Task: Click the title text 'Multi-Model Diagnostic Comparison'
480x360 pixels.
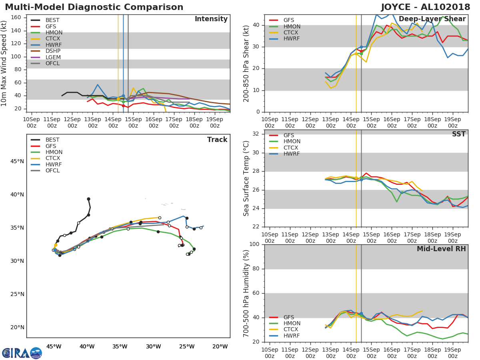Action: point(94,7)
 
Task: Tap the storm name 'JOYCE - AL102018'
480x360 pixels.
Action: point(426,7)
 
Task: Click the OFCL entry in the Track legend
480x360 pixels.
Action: point(52,171)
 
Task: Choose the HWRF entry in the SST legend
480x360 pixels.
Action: point(291,154)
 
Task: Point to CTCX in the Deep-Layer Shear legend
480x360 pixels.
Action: point(291,33)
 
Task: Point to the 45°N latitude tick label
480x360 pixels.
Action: point(17,162)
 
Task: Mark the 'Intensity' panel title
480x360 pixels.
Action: point(211,19)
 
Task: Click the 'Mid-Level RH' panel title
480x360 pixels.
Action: point(441,249)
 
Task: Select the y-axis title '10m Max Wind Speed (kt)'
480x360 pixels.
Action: point(4,63)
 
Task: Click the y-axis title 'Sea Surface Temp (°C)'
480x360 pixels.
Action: point(246,178)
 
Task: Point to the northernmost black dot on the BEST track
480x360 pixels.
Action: point(88,199)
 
